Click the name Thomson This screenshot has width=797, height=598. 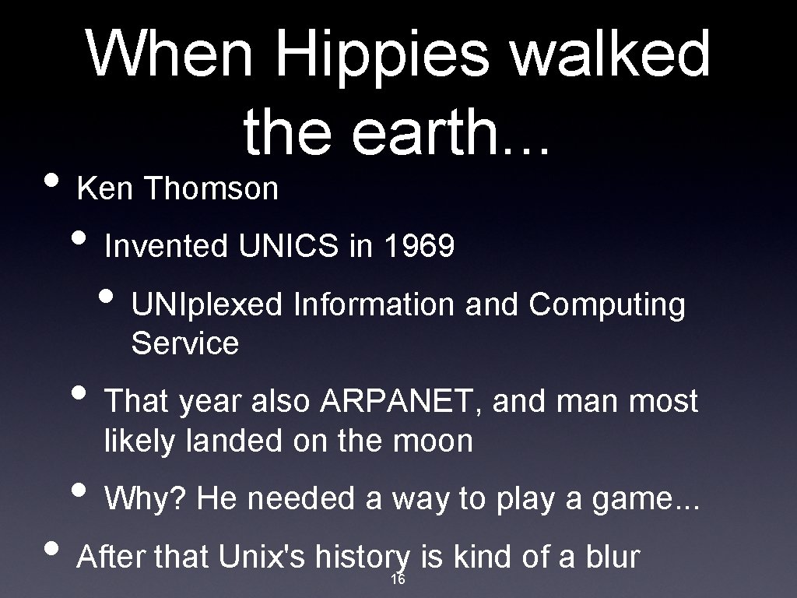(x=211, y=188)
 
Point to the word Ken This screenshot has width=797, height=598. (x=107, y=188)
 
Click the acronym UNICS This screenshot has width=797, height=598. (x=289, y=247)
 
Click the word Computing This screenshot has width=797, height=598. (x=607, y=305)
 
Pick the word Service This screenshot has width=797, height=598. (x=185, y=343)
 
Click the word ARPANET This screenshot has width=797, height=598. (x=403, y=402)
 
